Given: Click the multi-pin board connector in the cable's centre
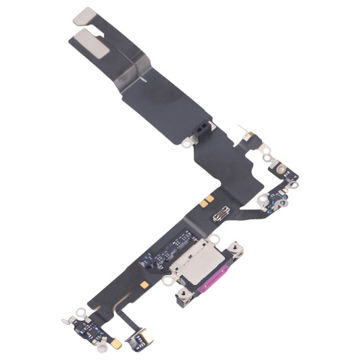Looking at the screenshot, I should click(222, 216).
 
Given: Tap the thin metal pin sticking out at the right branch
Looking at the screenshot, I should click(242, 127).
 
